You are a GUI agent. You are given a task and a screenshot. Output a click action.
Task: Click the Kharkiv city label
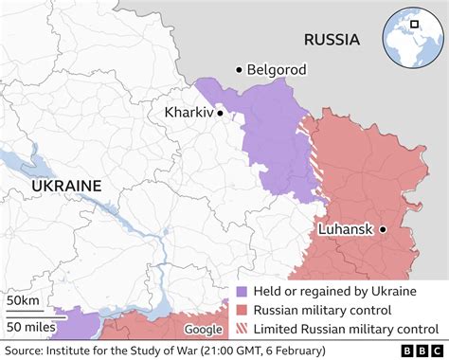pos(188,113)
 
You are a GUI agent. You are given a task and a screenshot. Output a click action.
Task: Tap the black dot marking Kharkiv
pos(220,113)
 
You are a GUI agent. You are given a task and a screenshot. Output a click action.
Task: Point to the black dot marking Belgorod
pos(239,69)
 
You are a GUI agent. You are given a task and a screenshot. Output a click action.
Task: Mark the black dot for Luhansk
pos(384,229)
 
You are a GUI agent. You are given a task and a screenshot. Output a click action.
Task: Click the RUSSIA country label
pos(332,40)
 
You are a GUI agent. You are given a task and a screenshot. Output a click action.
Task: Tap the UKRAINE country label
pos(66,187)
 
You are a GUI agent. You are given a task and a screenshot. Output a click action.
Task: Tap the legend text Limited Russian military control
pos(345,329)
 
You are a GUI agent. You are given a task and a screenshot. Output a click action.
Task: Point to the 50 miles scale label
pos(31,327)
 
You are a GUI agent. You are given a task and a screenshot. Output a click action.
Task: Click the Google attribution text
pos(202,329)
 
